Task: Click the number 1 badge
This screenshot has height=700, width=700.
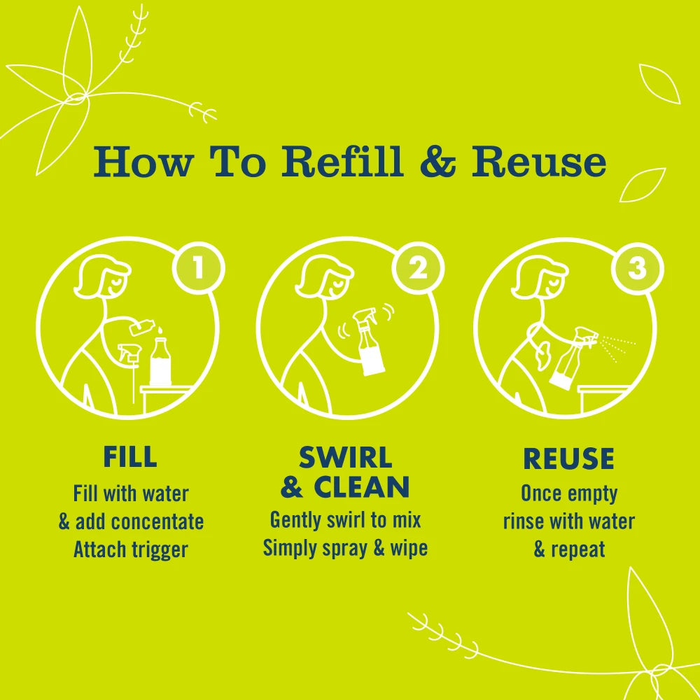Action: (197, 268)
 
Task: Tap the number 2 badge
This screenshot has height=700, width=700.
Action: (418, 268)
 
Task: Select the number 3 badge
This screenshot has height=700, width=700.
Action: (636, 268)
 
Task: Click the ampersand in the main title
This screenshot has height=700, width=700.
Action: (437, 162)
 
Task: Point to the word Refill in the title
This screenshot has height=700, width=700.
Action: (345, 162)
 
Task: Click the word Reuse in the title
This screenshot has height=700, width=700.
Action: (538, 162)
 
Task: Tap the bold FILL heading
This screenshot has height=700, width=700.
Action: (130, 457)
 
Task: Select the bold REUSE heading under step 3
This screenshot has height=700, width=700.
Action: (568, 459)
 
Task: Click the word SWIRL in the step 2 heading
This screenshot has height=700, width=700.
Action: (345, 458)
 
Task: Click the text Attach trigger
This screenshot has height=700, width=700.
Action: (131, 549)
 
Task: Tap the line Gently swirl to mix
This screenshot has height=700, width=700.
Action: (345, 520)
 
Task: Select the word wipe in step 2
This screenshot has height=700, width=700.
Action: (409, 547)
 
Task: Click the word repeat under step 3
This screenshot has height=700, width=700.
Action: (577, 549)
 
